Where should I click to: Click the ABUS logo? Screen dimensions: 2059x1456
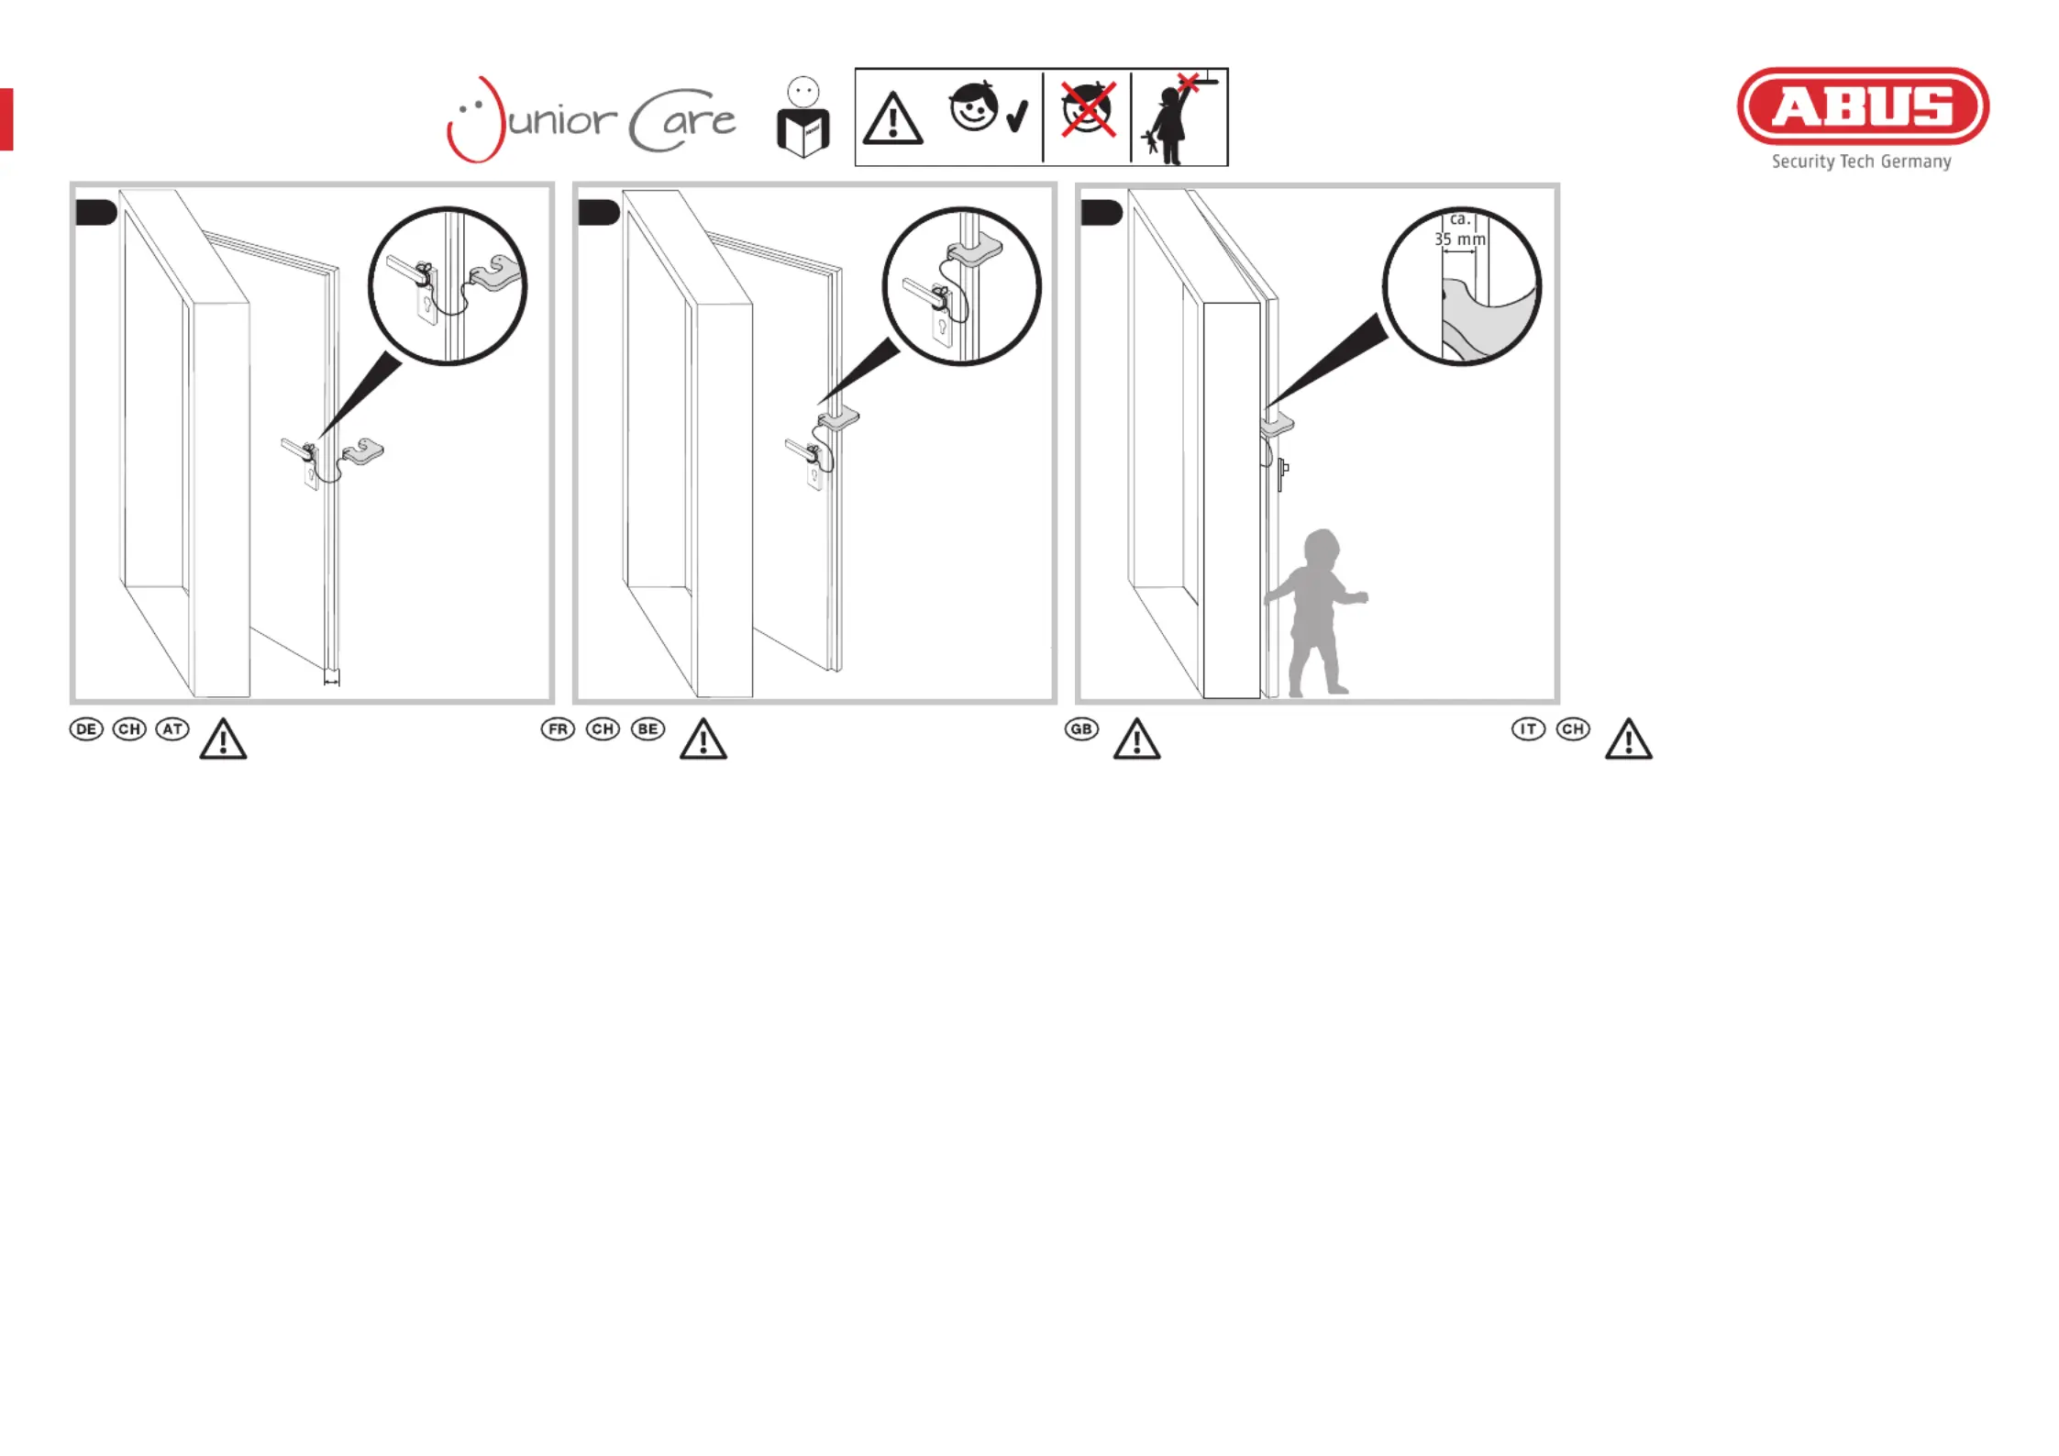[x=1862, y=106]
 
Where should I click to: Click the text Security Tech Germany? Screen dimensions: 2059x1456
[x=1861, y=161]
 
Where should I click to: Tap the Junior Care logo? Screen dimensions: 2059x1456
[x=591, y=119]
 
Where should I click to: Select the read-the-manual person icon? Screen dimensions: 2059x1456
[x=803, y=117]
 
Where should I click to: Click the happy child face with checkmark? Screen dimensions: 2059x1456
[x=989, y=108]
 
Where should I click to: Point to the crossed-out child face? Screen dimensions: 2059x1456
[x=1088, y=108]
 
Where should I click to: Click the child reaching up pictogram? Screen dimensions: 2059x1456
[x=1179, y=118]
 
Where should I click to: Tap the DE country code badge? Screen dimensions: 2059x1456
[x=86, y=729]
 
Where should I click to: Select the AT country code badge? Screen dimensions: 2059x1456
[x=172, y=729]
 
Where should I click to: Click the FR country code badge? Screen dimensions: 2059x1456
[x=558, y=729]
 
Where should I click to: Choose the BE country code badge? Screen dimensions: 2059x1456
[x=648, y=729]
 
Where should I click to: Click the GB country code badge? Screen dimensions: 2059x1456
[x=1081, y=729]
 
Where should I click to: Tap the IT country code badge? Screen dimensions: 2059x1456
[x=1528, y=729]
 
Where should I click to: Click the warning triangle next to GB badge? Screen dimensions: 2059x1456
[x=1137, y=739]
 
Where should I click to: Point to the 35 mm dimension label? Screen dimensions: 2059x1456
[x=1460, y=239]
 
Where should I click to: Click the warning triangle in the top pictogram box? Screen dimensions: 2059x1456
[x=892, y=118]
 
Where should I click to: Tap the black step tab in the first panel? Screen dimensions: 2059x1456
[x=95, y=213]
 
